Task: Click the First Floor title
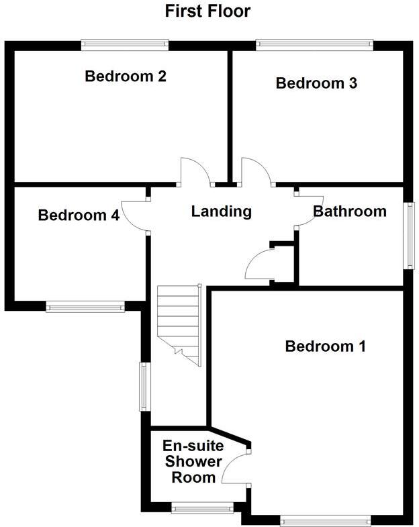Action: pyautogui.click(x=208, y=11)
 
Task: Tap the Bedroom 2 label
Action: pyautogui.click(x=126, y=77)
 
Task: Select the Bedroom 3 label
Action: pyautogui.click(x=316, y=84)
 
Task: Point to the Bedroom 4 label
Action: pyautogui.click(x=79, y=215)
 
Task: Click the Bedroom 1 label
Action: pyautogui.click(x=325, y=346)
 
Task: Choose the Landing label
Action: pyautogui.click(x=221, y=211)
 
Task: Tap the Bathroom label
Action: pyautogui.click(x=350, y=211)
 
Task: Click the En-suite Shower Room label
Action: pyautogui.click(x=193, y=461)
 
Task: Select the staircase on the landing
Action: pyautogui.click(x=180, y=324)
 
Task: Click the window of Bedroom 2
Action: pyautogui.click(x=125, y=45)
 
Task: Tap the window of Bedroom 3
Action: pyautogui.click(x=314, y=45)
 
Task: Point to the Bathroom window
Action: pyautogui.click(x=408, y=236)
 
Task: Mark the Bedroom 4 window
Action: pyautogui.click(x=85, y=307)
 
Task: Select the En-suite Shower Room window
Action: pyautogui.click(x=201, y=508)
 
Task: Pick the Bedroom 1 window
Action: pyautogui.click(x=325, y=519)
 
